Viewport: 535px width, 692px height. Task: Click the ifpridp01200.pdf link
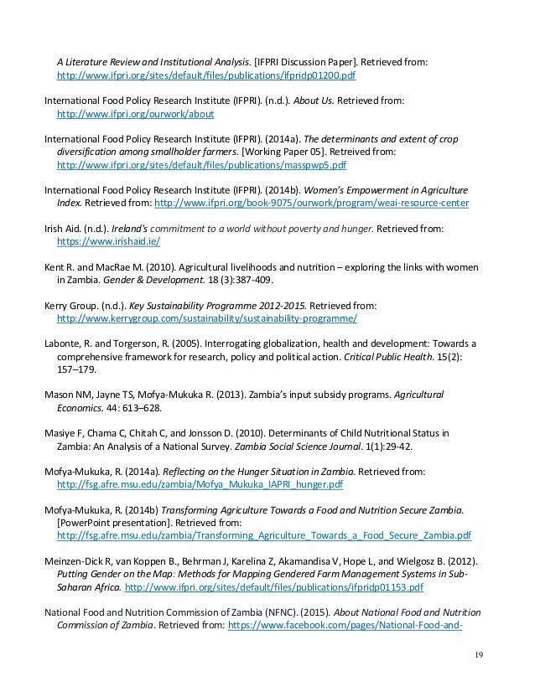pyautogui.click(x=206, y=74)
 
